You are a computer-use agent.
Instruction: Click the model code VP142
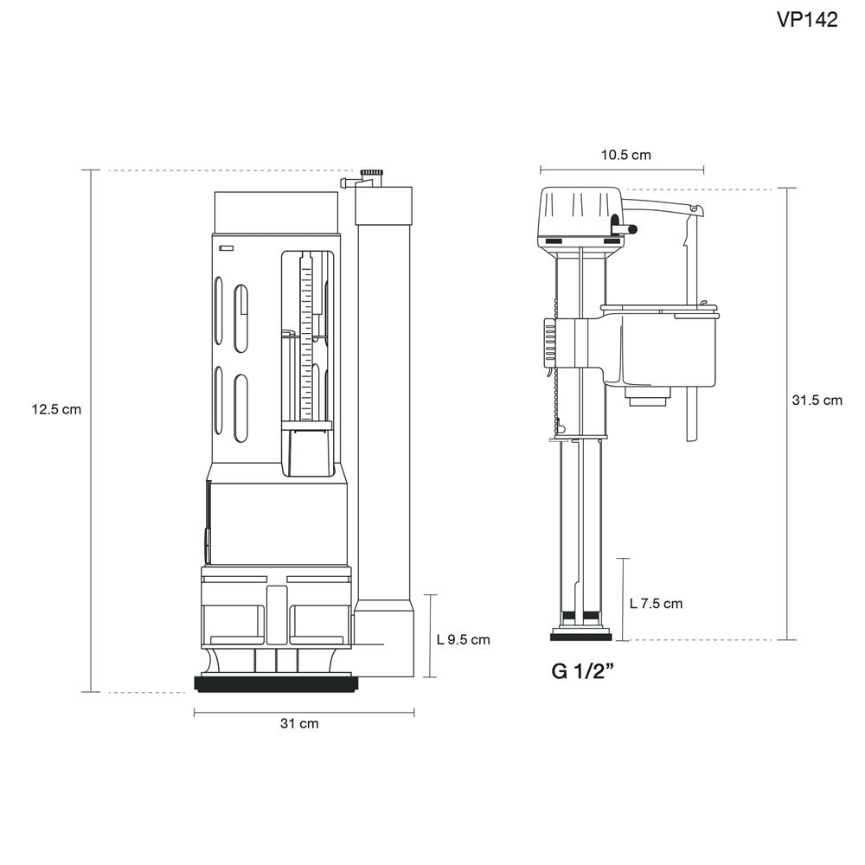807,21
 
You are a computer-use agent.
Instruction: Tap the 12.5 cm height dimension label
56,409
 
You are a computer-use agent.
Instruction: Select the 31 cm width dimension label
298,723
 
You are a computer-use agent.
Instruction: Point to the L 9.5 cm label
463,640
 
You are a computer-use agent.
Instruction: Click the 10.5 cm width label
625,155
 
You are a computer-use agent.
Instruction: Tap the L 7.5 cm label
656,603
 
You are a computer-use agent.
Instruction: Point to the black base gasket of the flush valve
277,684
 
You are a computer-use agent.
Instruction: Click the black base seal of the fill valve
580,637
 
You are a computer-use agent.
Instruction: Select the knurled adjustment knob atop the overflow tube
372,174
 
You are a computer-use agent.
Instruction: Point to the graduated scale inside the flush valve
305,329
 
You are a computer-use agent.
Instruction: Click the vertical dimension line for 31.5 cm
786,519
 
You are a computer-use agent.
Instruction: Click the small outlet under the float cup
648,399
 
